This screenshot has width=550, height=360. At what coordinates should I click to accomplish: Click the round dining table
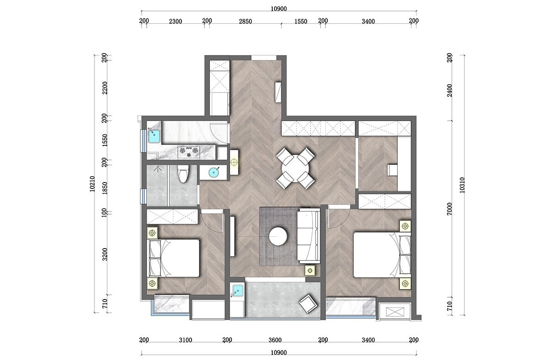pyautogui.click(x=295, y=169)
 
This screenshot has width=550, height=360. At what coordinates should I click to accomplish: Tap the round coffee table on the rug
pyautogui.click(x=278, y=236)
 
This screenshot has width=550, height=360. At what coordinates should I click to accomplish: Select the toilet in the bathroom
pyautogui.click(x=183, y=174)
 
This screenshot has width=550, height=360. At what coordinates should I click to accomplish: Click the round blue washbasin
pyautogui.click(x=214, y=172)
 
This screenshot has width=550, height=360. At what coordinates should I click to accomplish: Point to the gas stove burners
pyautogui.click(x=188, y=152)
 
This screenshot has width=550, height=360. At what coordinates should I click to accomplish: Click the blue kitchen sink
pyautogui.click(x=154, y=136)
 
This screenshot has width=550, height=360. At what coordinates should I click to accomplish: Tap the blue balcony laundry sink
pyautogui.click(x=237, y=291)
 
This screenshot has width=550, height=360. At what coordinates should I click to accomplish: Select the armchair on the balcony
pyautogui.click(x=308, y=304)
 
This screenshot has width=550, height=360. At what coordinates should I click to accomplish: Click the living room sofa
pyautogui.click(x=308, y=236)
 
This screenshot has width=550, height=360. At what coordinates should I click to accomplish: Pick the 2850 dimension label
pyautogui.click(x=245, y=22)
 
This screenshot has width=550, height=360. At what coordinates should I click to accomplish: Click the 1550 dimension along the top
pyautogui.click(x=301, y=22)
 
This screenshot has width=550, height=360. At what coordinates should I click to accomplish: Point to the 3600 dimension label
pyautogui.click(x=275, y=340)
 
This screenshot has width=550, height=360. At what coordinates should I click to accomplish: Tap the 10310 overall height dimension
pyautogui.click(x=462, y=185)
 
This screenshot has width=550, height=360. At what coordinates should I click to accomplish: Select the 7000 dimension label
pyautogui.click(x=450, y=209)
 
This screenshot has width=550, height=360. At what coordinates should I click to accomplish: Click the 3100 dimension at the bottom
pyautogui.click(x=185, y=340)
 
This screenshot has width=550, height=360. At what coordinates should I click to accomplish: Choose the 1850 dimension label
pyautogui.click(x=105, y=188)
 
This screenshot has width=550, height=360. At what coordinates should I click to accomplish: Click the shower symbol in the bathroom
pyautogui.click(x=158, y=169)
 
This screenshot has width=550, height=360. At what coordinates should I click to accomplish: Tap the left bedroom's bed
pyautogui.click(x=173, y=258)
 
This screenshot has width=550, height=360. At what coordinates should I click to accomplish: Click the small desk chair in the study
pyautogui.click(x=392, y=170)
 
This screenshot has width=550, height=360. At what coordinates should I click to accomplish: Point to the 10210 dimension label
pyautogui.click(x=92, y=184)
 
